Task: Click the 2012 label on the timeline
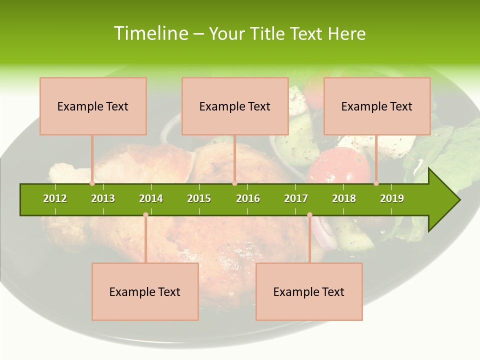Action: pyautogui.click(x=55, y=198)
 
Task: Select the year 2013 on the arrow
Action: pyautogui.click(x=103, y=198)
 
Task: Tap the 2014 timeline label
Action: pyautogui.click(x=151, y=198)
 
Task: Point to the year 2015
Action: pyautogui.click(x=199, y=198)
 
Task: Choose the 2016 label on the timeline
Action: pyautogui.click(x=248, y=198)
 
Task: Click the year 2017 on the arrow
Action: pyautogui.click(x=296, y=198)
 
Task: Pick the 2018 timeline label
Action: pyautogui.click(x=344, y=198)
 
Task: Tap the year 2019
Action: pyautogui.click(x=392, y=198)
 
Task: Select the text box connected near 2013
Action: pyautogui.click(x=93, y=106)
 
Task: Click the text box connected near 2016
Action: pyautogui.click(x=235, y=106)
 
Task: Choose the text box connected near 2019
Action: pyautogui.click(x=377, y=106)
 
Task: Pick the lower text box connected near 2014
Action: pyautogui.click(x=145, y=291)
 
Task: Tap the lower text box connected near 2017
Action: pyautogui.click(x=309, y=291)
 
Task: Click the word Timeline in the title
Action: pyautogui.click(x=150, y=33)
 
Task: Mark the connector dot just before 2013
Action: pyautogui.click(x=92, y=183)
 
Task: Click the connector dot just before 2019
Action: pyautogui.click(x=376, y=183)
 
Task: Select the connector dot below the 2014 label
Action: pyautogui.click(x=145, y=214)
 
